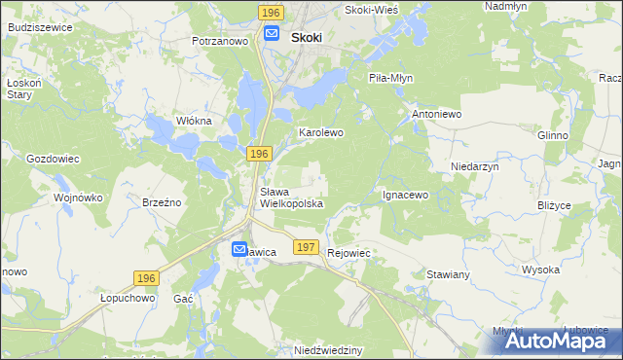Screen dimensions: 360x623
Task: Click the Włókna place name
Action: [x=193, y=121]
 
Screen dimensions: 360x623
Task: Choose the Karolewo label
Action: [x=321, y=131]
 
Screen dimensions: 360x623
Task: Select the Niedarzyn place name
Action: [x=475, y=166]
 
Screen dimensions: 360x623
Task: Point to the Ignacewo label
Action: [x=405, y=195]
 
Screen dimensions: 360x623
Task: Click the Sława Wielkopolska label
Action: [x=291, y=198]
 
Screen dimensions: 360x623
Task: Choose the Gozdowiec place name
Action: [x=53, y=158]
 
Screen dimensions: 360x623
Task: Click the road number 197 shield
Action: [x=306, y=248]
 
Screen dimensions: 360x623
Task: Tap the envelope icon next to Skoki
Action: [x=273, y=35]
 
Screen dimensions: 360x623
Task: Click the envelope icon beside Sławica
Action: [x=239, y=250]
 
